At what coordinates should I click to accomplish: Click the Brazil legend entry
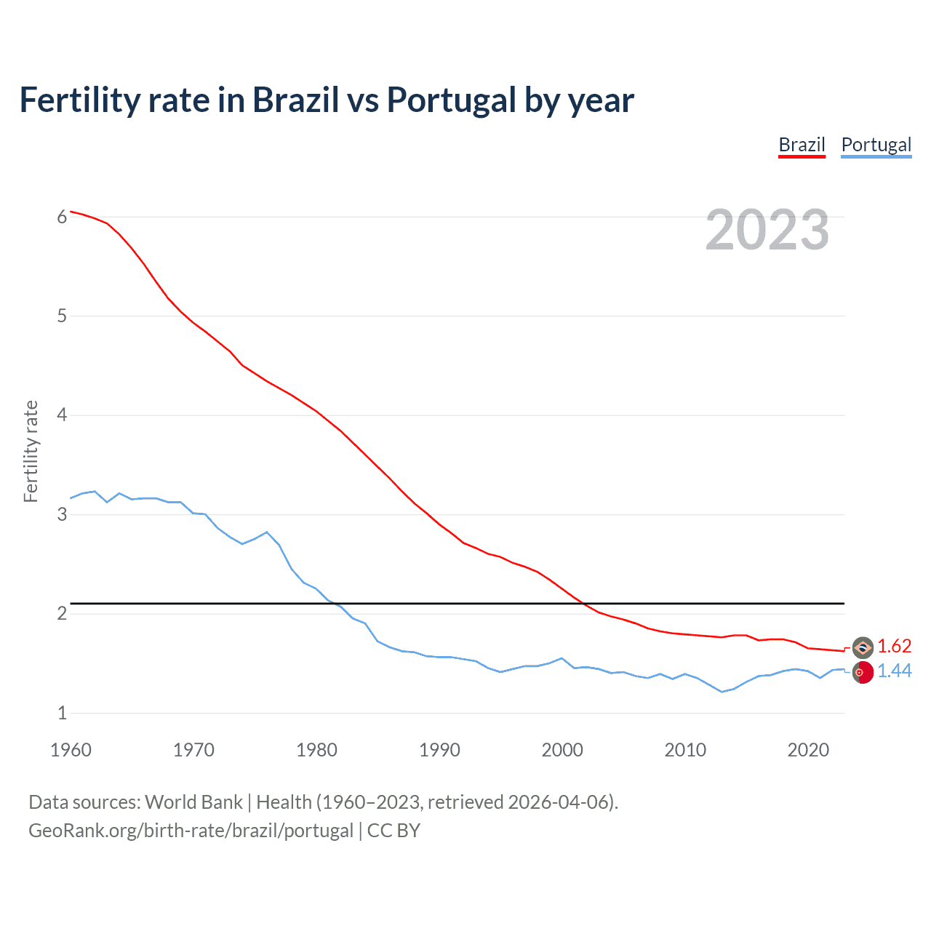pos(802,145)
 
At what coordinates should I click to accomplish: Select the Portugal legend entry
pos(876,145)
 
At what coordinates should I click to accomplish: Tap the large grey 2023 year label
pos(767,230)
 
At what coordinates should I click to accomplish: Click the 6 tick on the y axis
pos(62,217)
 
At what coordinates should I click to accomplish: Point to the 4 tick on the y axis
pos(62,415)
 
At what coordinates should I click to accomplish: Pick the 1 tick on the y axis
pos(62,713)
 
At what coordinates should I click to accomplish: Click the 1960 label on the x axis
pos(71,750)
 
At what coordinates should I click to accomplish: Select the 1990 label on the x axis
pos(439,750)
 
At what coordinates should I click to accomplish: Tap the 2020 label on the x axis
pos(808,750)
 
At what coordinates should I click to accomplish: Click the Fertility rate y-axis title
pos(31,451)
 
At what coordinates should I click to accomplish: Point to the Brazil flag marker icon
pos(863,647)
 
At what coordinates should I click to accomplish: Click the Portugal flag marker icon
pos(863,672)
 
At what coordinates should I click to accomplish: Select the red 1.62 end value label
pos(894,646)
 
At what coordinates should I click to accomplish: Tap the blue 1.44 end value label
pos(894,671)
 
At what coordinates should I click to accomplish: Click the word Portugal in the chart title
pos(451,100)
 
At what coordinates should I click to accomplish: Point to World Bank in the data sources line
pos(193,802)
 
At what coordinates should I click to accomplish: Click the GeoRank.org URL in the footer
pos(191,831)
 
